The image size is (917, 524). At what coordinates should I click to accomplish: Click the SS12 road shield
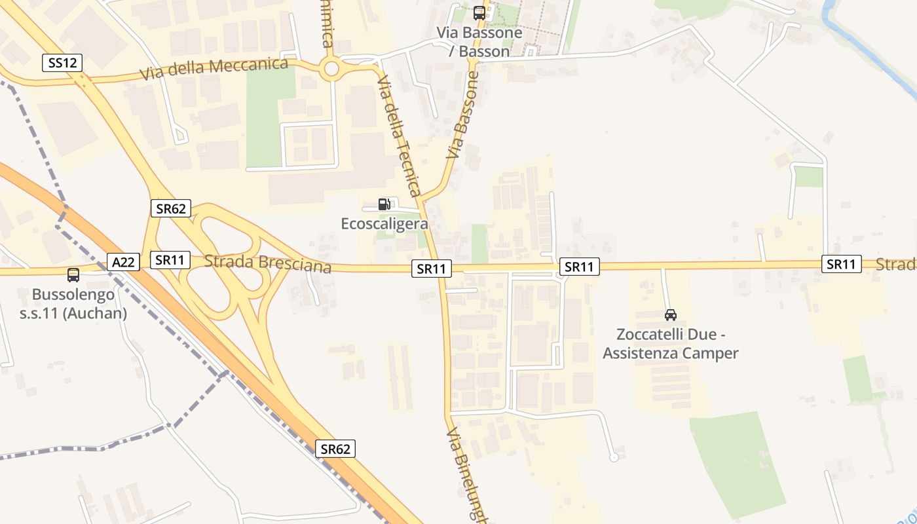pos(63,63)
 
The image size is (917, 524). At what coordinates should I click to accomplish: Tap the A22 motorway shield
pos(123,262)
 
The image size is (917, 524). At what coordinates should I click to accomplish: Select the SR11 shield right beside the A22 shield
pos(170,260)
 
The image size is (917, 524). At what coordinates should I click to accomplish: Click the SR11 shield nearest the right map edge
pos(841,264)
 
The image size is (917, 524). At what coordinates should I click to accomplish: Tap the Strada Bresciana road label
pos(267,263)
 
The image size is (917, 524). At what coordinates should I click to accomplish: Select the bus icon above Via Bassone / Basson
pos(479,13)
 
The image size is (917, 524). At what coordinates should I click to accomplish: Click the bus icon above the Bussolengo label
pos(73,275)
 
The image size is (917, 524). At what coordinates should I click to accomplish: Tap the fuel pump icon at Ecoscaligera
pos(384,204)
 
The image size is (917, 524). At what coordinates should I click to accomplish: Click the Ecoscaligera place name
pos(384,223)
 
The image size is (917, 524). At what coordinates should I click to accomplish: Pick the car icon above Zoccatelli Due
pos(671,315)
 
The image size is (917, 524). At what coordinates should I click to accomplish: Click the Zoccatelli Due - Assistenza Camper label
pos(671,345)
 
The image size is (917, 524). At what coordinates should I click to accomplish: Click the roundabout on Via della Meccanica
pos(331,67)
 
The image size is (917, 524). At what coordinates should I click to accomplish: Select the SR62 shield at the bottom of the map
pos(335,449)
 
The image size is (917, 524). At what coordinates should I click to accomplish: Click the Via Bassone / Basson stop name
pos(479,41)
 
